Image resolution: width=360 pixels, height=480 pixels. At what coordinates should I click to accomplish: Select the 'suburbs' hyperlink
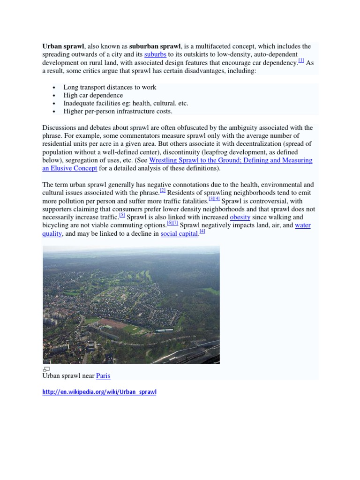point(155,54)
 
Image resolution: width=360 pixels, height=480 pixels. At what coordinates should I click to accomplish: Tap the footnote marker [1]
point(301,60)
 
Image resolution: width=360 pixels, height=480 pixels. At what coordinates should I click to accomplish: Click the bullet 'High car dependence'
point(93,95)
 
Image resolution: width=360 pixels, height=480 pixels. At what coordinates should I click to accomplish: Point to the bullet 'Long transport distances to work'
point(110,87)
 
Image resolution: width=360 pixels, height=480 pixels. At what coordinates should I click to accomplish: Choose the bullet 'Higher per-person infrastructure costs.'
point(118,111)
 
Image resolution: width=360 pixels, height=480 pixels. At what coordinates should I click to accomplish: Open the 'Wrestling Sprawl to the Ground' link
point(230,160)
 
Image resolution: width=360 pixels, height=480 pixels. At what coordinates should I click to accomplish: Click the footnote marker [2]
point(163,191)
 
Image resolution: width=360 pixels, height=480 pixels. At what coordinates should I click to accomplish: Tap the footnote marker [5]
point(122,215)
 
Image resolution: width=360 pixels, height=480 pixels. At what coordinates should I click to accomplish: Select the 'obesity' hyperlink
point(240,217)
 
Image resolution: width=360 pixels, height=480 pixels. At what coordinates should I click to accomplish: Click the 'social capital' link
point(179,233)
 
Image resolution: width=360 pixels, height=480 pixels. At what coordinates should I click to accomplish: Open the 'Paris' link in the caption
point(103,376)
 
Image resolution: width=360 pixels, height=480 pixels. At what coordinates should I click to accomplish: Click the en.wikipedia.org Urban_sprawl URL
point(99,392)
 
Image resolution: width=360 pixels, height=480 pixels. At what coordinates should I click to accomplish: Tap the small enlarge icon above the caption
point(46,369)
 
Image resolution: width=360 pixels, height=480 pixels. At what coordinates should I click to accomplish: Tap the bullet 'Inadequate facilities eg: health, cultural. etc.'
point(126,103)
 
